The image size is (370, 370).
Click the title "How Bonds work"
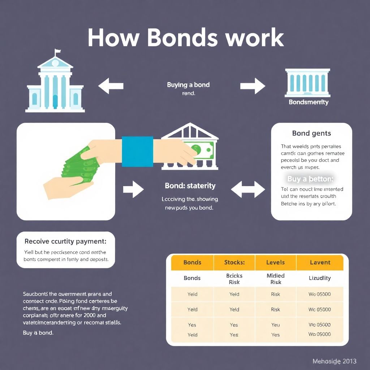pyautogui.click(x=185, y=38)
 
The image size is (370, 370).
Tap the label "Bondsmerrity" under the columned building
pyautogui.click(x=308, y=102)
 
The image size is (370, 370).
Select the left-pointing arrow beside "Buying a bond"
pyautogui.click(x=111, y=86)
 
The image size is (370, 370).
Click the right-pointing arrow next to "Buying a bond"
pyautogui.click(x=253, y=86)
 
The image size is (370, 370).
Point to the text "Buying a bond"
pyautogui.click(x=188, y=85)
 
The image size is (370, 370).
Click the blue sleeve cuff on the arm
pyautogui.click(x=137, y=151)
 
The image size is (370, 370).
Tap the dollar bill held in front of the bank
pyautogui.click(x=198, y=148)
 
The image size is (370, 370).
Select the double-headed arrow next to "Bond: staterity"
pyautogui.click(x=248, y=189)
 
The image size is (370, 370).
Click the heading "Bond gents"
pyautogui.click(x=311, y=133)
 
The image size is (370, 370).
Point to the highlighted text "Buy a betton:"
pyautogui.click(x=310, y=178)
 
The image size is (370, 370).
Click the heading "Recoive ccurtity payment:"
pyautogui.click(x=65, y=241)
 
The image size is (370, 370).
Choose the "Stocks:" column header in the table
pyautogui.click(x=234, y=262)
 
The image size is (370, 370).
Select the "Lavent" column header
pyautogui.click(x=320, y=262)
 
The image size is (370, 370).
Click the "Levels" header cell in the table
pyautogui.click(x=275, y=262)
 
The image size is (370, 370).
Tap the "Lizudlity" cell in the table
pyautogui.click(x=320, y=278)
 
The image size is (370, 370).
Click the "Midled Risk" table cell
pyautogui.click(x=275, y=279)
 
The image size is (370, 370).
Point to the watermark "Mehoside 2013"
pyautogui.click(x=334, y=361)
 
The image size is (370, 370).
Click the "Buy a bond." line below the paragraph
pyautogui.click(x=38, y=333)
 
